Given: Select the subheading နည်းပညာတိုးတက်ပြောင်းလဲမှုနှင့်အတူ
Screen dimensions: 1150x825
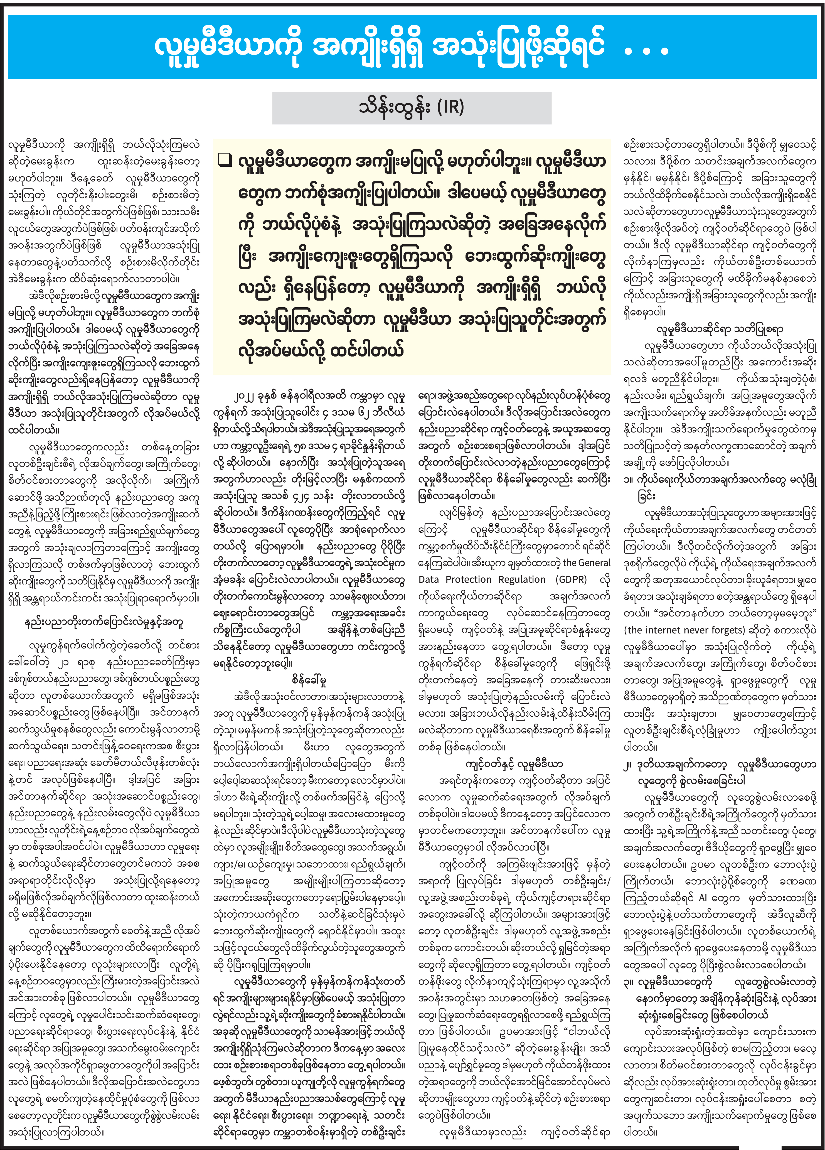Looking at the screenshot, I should pyautogui.click(x=104, y=622).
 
